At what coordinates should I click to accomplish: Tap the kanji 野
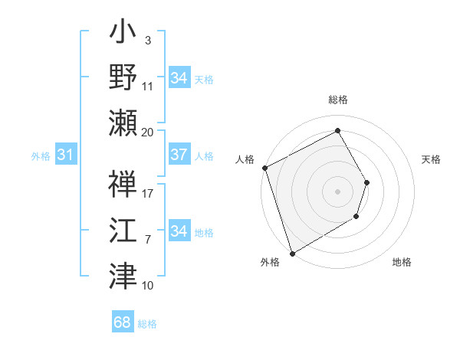[123, 78]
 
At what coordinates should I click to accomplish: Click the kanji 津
[123, 275]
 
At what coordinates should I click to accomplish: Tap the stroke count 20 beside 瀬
[148, 132]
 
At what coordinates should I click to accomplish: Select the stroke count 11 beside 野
[148, 86]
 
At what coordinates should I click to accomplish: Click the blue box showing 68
[123, 322]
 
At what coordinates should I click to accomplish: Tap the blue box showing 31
[66, 155]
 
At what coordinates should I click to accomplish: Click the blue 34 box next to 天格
[179, 78]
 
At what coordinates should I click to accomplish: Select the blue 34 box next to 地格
[179, 231]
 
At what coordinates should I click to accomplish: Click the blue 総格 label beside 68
[147, 324]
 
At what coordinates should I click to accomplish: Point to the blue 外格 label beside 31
[41, 156]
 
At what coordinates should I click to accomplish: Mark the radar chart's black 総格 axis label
[337, 100]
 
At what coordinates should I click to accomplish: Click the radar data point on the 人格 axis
[264, 168]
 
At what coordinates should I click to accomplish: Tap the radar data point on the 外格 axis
[292, 253]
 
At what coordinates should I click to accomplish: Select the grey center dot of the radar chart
[337, 191]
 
